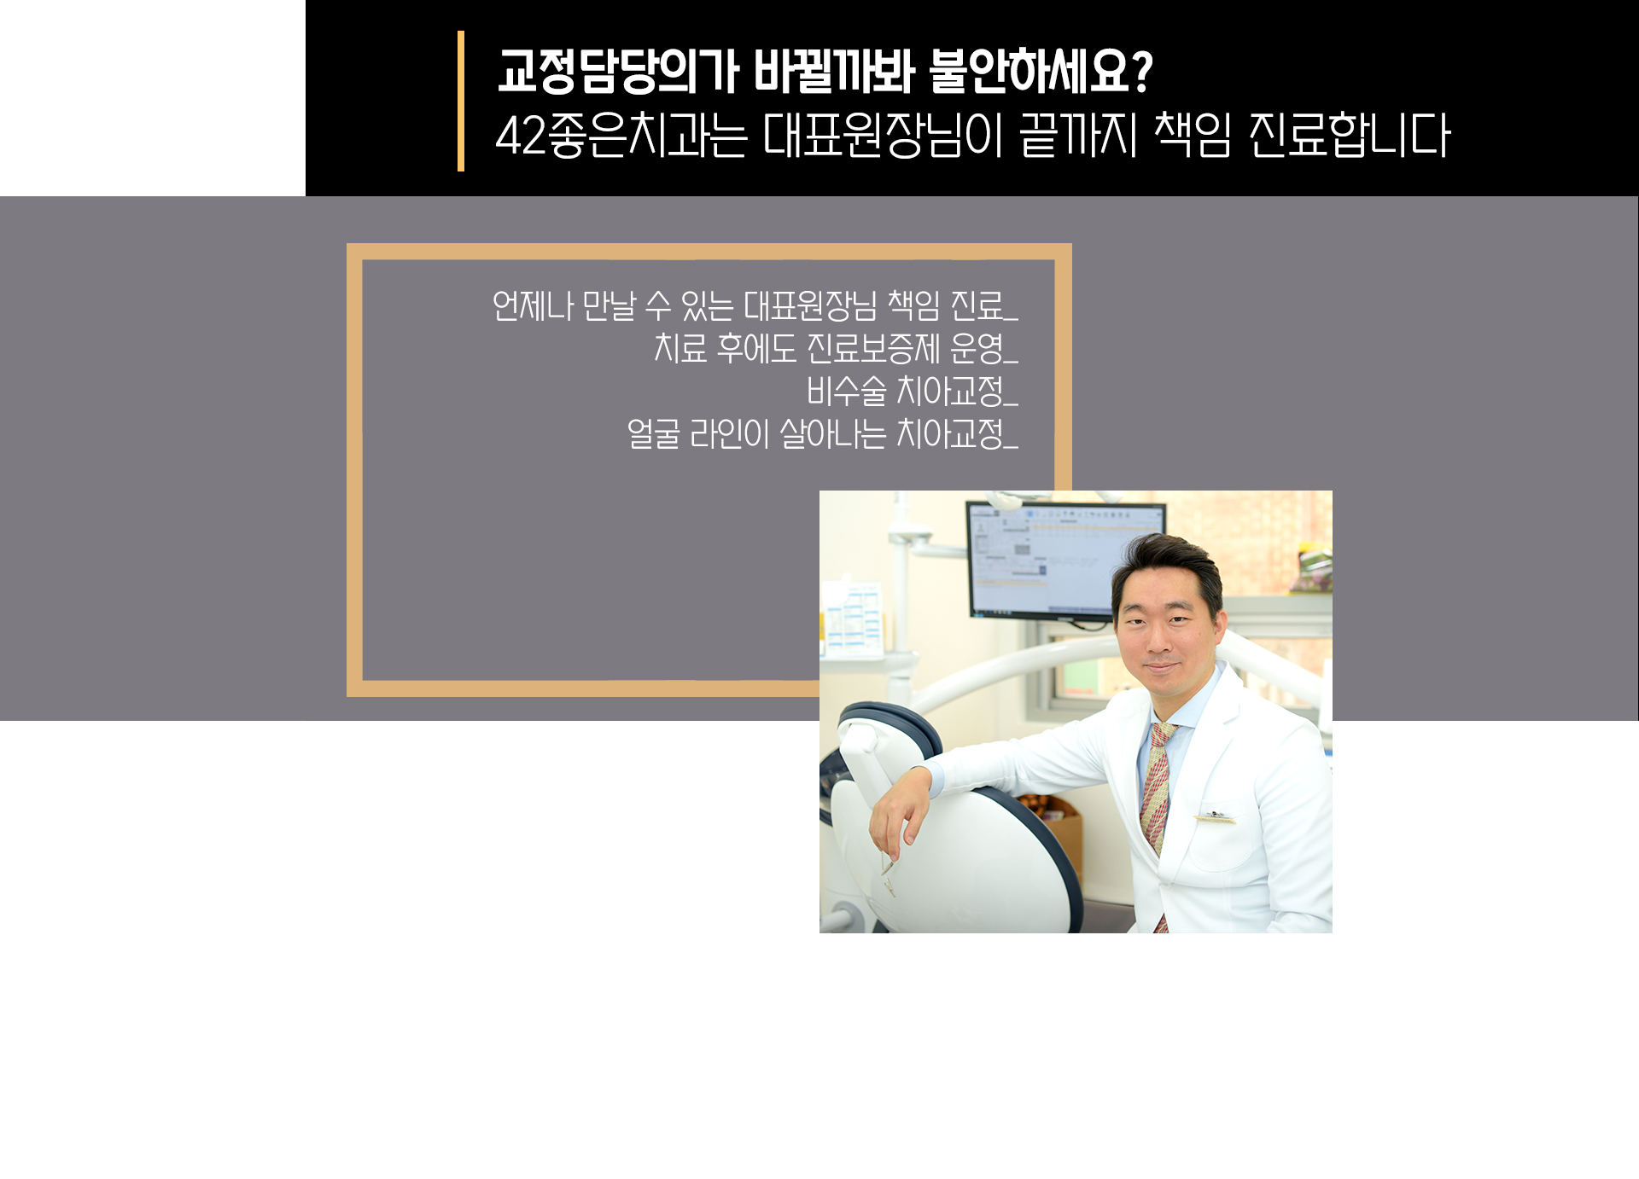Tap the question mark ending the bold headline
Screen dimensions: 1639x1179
click(1141, 71)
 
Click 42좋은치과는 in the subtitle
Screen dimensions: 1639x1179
click(621, 135)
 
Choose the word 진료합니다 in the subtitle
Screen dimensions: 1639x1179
click(1349, 135)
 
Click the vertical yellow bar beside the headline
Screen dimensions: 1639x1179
click(461, 101)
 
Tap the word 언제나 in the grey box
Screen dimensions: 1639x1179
click(533, 305)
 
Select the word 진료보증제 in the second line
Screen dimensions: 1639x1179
click(873, 348)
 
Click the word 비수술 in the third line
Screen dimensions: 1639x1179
click(847, 392)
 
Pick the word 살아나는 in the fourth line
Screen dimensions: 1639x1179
click(833, 434)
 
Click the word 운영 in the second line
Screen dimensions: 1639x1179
click(977, 348)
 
